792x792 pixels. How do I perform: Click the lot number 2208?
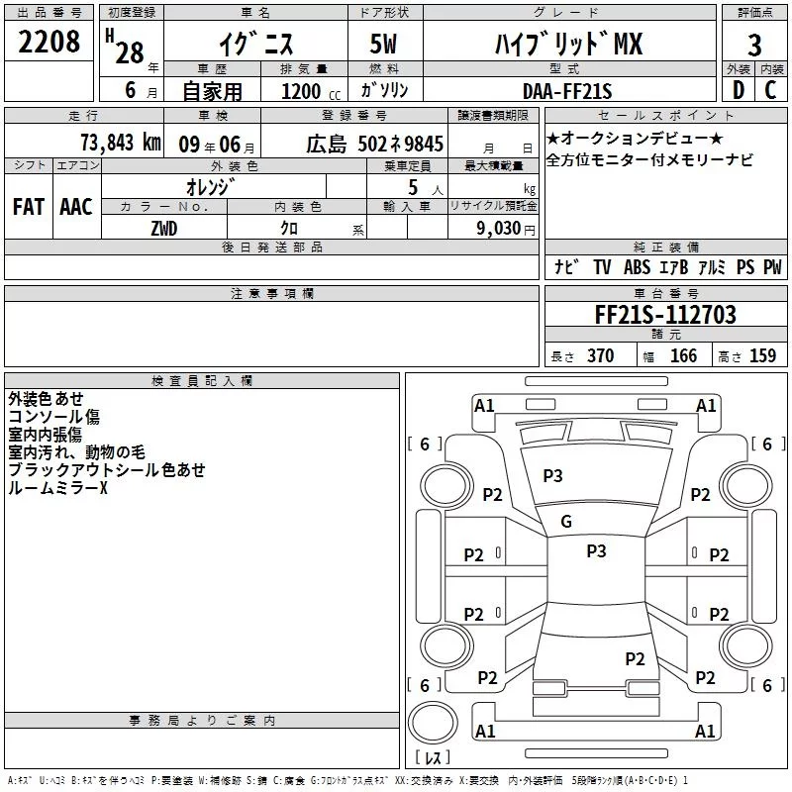click(49, 42)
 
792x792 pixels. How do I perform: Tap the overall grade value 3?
click(754, 46)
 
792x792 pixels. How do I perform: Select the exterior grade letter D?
click(739, 90)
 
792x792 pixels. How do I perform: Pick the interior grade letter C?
click(770, 90)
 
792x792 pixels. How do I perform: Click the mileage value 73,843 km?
click(121, 143)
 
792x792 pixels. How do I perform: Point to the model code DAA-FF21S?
click(567, 91)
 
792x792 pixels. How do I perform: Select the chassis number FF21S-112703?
click(665, 315)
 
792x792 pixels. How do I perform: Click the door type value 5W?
click(383, 44)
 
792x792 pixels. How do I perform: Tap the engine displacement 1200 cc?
click(311, 91)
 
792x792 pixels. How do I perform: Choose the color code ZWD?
click(164, 229)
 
